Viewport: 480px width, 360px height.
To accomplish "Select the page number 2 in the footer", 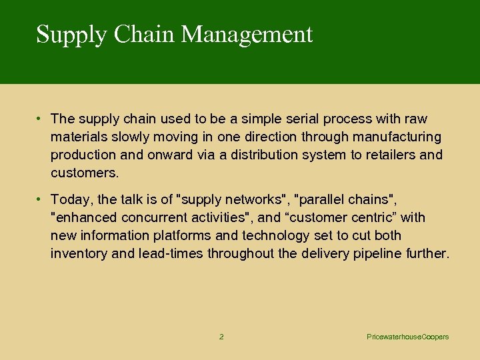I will tap(221, 337).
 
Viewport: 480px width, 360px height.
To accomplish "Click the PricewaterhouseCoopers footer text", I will tap(408, 337).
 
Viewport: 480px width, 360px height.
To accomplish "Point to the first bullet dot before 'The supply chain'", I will tap(40, 119).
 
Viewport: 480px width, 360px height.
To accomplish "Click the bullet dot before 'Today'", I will tap(40, 199).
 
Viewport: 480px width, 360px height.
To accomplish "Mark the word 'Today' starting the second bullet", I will tap(68, 199).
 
